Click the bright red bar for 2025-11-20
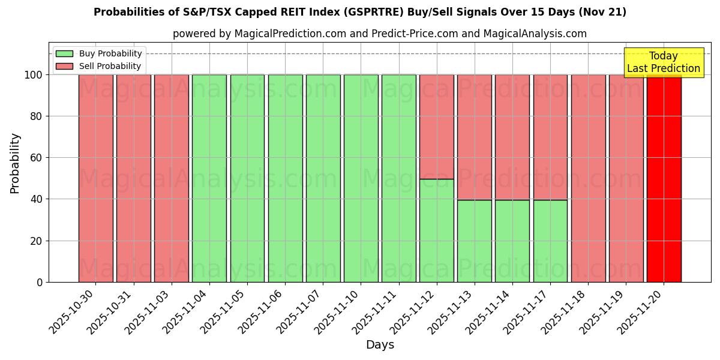click(x=664, y=180)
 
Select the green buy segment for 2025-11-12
click(x=436, y=230)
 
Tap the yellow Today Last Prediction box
click(x=663, y=62)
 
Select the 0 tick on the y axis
click(x=40, y=282)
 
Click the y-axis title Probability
click(x=15, y=163)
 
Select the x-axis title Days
click(x=380, y=345)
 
